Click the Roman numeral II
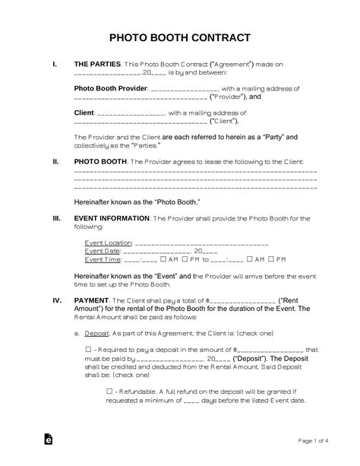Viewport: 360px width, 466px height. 55,162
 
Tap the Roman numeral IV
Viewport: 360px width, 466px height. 56,300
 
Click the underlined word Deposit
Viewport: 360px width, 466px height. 95,333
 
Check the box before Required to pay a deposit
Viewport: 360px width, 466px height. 110,349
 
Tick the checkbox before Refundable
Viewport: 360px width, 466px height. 110,390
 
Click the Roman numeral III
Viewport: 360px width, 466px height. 56,218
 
